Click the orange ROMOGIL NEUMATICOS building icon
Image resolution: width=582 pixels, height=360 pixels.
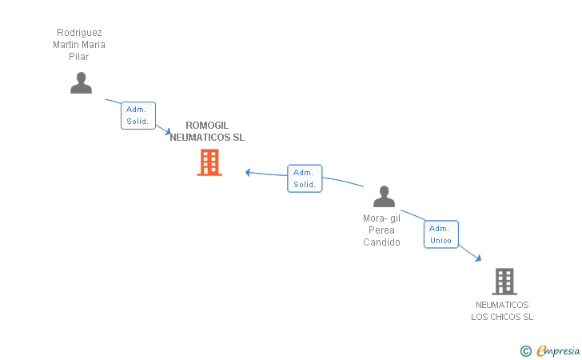coord(209,162)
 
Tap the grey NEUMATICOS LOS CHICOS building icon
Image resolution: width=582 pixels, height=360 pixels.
coord(504,282)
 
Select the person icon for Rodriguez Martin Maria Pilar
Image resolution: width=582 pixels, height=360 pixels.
coord(81,83)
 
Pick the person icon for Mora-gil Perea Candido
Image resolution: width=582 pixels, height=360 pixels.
coord(384,197)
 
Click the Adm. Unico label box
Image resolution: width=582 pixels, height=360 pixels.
coord(441,234)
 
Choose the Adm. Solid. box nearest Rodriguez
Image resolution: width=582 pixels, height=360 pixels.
coord(138,115)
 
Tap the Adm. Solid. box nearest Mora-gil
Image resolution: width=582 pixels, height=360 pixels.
coord(305,178)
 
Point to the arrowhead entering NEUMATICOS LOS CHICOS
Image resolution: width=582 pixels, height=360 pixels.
coord(478,258)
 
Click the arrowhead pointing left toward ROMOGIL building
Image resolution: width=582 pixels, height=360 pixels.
coord(248,172)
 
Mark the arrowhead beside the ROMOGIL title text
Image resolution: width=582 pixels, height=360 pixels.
coord(168,131)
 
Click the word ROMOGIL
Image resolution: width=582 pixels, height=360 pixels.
coord(207,126)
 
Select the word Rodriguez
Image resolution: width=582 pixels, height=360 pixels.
coord(79,33)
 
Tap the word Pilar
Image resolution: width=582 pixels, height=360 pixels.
coord(78,57)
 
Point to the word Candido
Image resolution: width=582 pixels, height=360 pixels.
coord(381,242)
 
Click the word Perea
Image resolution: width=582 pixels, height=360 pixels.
coord(381,230)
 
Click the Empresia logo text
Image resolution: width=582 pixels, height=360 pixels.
coord(558,350)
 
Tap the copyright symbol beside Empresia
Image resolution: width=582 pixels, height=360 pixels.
coord(525,351)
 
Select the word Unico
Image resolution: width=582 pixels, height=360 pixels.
coord(440,240)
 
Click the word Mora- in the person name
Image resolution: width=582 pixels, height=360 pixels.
coord(375,218)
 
